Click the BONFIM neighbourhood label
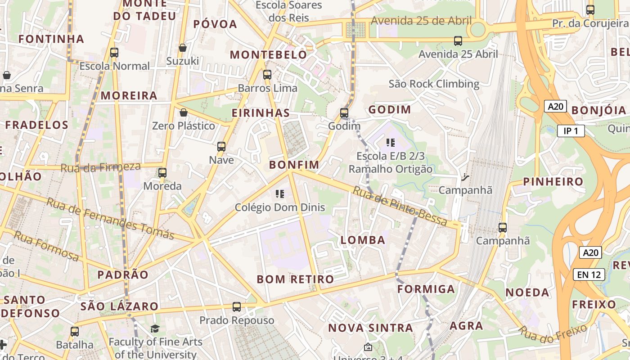(x=294, y=165)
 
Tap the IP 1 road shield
(x=571, y=131)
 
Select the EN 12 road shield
(x=589, y=274)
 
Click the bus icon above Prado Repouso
(x=237, y=307)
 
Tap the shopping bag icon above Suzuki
(x=183, y=48)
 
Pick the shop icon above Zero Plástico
(x=184, y=112)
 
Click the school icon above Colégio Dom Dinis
(x=280, y=194)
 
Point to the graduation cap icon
(x=155, y=329)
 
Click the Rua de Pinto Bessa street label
(x=400, y=207)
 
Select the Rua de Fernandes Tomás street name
(x=110, y=219)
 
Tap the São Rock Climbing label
(x=434, y=84)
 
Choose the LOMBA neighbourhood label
(x=363, y=240)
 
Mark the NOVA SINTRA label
(x=370, y=328)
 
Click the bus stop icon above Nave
(x=221, y=147)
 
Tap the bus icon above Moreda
(x=162, y=173)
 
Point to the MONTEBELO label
(x=268, y=55)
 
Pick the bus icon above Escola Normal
(x=114, y=53)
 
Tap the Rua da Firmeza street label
(x=100, y=167)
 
